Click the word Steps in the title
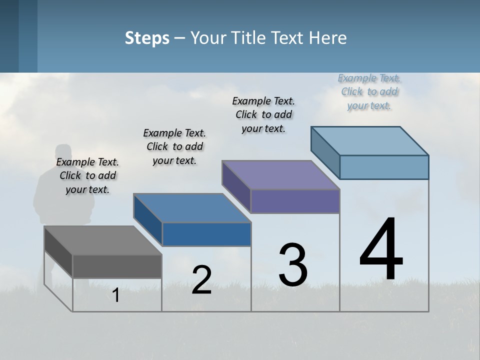147,38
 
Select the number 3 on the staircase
293,265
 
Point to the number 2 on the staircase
201,280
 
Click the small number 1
116,295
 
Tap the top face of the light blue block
370,141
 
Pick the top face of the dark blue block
192,208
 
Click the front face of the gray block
117,266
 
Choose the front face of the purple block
295,201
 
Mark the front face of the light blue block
384,167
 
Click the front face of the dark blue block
206,234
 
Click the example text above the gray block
87,175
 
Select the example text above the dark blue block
174,146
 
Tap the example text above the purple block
263,114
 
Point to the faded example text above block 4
369,91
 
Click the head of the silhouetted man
63,153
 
